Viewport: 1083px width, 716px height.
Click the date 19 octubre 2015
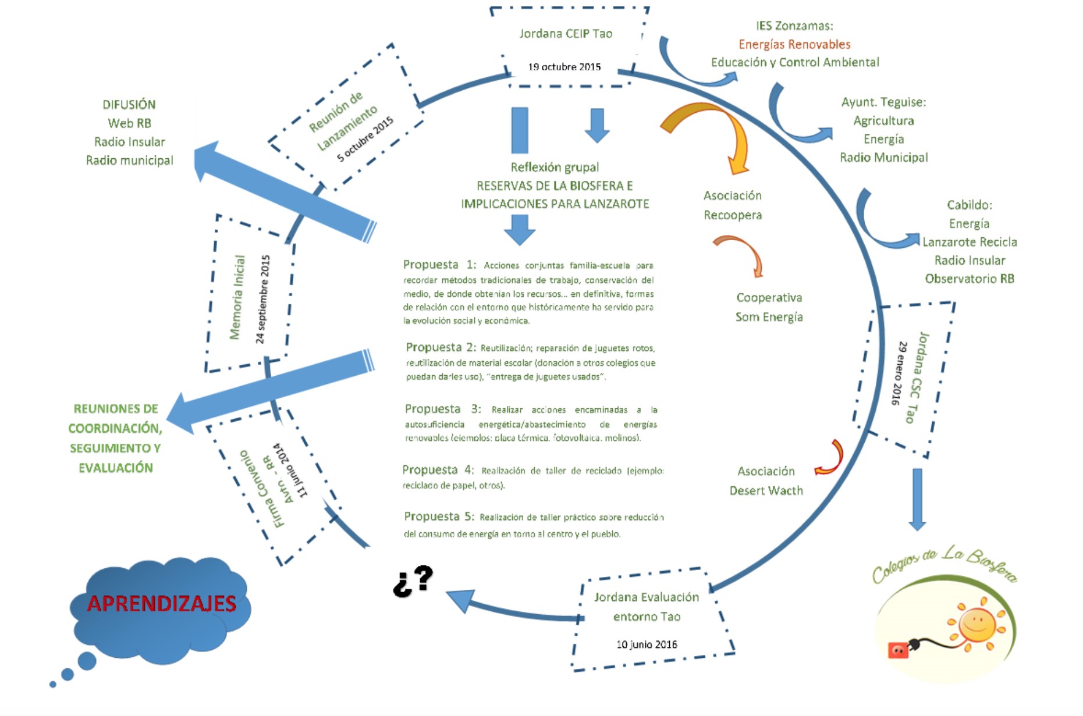564,67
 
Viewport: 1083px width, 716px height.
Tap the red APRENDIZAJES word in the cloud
161,604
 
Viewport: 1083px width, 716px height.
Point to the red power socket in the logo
897,650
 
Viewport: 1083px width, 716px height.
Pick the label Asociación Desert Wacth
766,480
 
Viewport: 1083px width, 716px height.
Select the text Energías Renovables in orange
794,44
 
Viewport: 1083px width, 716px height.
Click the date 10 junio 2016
647,644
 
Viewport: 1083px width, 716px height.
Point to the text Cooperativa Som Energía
769,307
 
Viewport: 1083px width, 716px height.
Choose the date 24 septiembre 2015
263,299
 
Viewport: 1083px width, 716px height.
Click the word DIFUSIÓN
129,105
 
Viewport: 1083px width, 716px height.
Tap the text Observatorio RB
970,279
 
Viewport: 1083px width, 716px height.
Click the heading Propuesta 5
439,516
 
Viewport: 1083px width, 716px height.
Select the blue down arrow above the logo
917,499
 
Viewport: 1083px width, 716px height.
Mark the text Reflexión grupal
555,168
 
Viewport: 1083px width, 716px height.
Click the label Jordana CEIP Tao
566,34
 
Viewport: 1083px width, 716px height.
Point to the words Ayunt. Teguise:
883,102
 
